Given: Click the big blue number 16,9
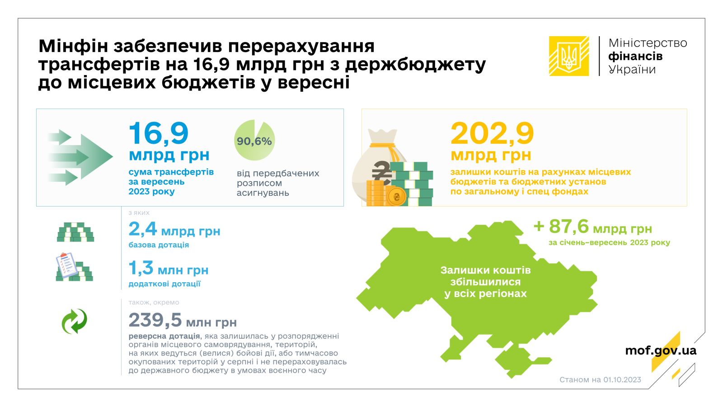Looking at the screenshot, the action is [x=159, y=133].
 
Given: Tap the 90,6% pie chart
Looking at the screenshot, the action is [x=254, y=140].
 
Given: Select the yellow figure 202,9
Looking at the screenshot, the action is [x=492, y=133].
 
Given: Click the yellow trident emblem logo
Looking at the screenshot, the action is [x=569, y=56].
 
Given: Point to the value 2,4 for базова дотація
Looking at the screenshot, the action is [x=143, y=229].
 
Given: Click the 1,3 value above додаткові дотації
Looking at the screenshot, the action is [x=141, y=268].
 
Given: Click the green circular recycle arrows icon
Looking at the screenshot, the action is [x=75, y=322].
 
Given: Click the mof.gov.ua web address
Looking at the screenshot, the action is [x=661, y=350].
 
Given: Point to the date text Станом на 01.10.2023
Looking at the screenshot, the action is [x=601, y=379].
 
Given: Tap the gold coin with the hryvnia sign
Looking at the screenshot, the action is [x=397, y=196].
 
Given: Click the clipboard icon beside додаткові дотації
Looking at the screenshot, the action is [x=66, y=265].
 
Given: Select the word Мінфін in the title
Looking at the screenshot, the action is [x=73, y=46].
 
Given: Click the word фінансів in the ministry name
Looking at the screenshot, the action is [x=635, y=56].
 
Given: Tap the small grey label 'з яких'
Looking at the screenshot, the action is [x=139, y=213].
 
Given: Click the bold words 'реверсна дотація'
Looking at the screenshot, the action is [x=164, y=336].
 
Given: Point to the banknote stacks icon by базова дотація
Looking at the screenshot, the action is [x=75, y=232].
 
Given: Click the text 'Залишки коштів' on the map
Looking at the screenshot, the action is [x=485, y=270].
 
